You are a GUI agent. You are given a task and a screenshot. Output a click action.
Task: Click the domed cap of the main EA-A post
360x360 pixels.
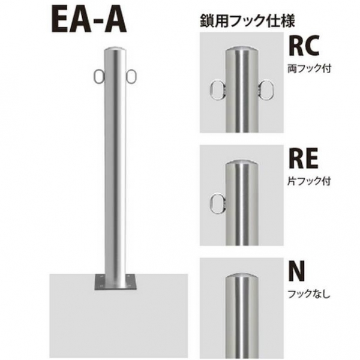115,50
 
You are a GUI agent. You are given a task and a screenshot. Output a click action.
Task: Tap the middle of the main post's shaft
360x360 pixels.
115,168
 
